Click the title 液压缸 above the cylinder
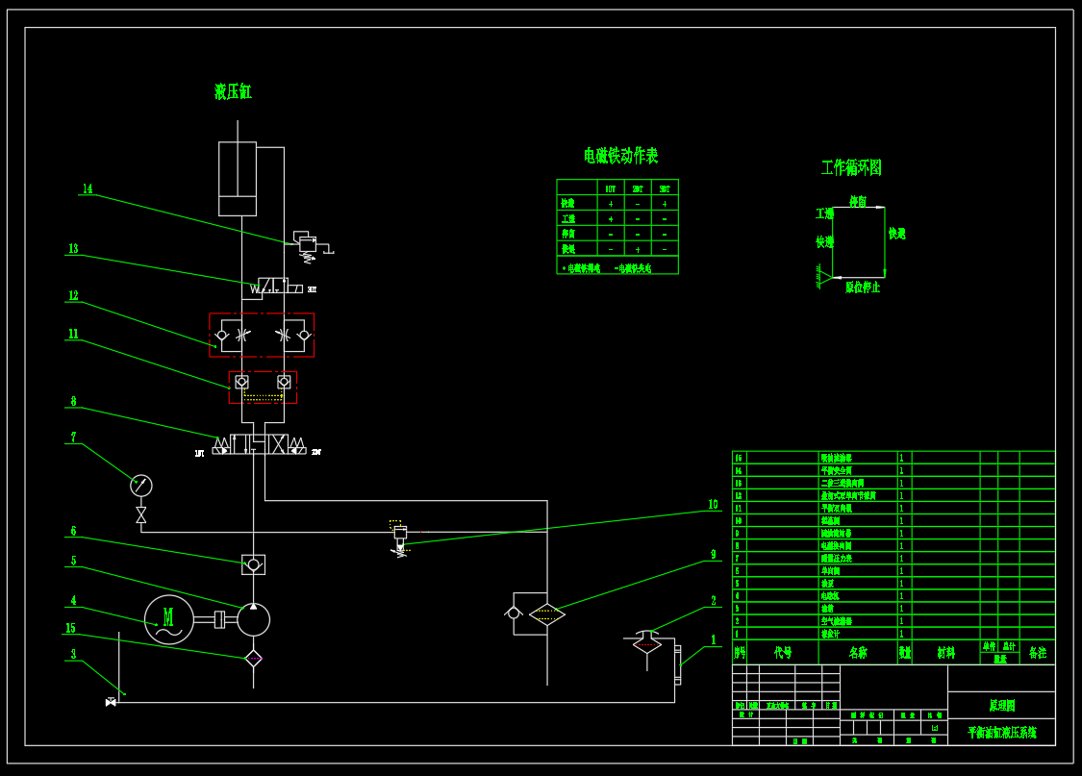tap(233, 92)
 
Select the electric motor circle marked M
tap(168, 619)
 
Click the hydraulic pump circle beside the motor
tap(254, 619)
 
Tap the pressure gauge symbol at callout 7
tap(141, 486)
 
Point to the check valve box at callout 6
tap(253, 564)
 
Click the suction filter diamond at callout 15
tap(253, 659)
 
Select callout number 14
tap(88, 189)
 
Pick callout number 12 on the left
tap(73, 296)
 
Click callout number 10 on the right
tap(713, 505)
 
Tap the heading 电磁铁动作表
tap(620, 156)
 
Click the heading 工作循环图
tap(851, 167)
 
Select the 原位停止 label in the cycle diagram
tap(863, 288)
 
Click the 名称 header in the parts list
tap(857, 653)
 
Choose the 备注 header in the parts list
tap(1037, 653)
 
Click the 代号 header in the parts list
tap(783, 653)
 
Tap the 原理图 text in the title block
tap(1001, 705)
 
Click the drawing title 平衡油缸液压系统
tap(1001, 733)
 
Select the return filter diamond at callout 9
tap(547, 614)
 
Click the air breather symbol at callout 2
tap(647, 641)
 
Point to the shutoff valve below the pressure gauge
tap(141, 515)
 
